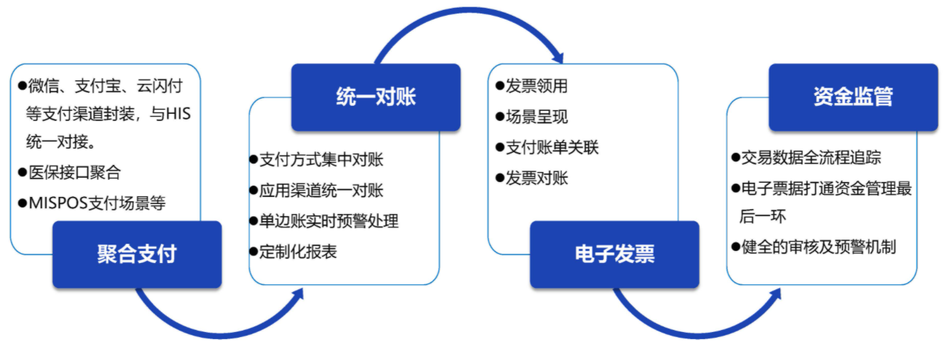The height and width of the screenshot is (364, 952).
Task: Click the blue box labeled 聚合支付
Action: click(x=137, y=255)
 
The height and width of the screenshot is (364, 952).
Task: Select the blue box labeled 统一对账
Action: click(x=376, y=97)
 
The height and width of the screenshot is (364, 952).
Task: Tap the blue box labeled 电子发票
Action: click(x=615, y=255)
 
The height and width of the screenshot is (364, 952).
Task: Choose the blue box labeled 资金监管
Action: click(x=853, y=97)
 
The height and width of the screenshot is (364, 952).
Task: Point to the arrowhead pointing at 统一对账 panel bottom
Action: click(x=298, y=294)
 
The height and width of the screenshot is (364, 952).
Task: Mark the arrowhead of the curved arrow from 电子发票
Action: click(x=775, y=294)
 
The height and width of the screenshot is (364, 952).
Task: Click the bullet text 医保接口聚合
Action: click(x=75, y=173)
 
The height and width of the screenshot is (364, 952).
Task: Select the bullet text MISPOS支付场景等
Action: click(x=97, y=203)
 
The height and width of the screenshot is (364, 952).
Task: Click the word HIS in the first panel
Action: click(x=178, y=114)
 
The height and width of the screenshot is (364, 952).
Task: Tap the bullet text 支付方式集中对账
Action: click(x=321, y=160)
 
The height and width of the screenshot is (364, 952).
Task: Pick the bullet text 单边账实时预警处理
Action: click(x=329, y=221)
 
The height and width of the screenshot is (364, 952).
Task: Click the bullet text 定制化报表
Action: click(x=298, y=252)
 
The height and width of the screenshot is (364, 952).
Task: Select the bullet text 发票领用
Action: click(x=536, y=86)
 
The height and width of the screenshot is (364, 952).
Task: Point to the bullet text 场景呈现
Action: click(x=536, y=117)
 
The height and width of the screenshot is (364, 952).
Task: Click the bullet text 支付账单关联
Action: click(x=552, y=148)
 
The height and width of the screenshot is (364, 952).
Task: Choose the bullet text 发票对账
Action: click(x=536, y=178)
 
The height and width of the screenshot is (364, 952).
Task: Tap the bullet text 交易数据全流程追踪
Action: click(x=811, y=157)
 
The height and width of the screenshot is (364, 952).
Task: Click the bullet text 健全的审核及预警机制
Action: click(x=819, y=247)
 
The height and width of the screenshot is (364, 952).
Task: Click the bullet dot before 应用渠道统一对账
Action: click(x=254, y=191)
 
